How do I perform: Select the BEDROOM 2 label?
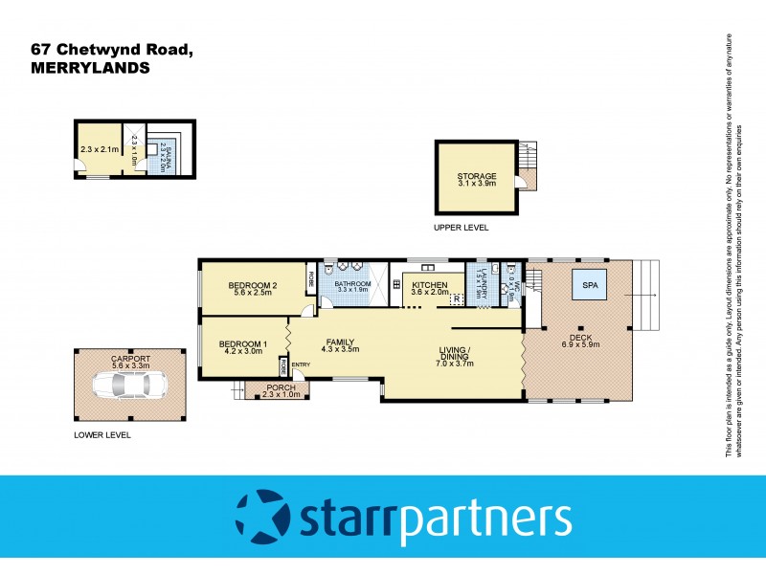pyautogui.click(x=254, y=285)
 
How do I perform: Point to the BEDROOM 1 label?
pyautogui.click(x=242, y=344)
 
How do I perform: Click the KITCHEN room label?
pyautogui.click(x=430, y=285)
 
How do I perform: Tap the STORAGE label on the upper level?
pyautogui.click(x=476, y=176)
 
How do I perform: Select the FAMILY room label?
pyautogui.click(x=342, y=342)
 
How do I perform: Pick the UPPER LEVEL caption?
pyautogui.click(x=462, y=228)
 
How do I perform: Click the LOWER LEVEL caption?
pyautogui.click(x=102, y=434)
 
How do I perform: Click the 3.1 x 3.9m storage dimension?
pyautogui.click(x=476, y=186)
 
